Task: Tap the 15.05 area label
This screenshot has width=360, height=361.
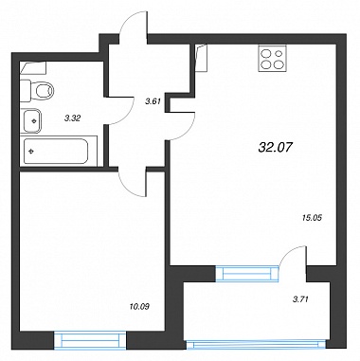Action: (x=312, y=217)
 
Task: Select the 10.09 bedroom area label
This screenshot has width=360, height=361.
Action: (x=139, y=306)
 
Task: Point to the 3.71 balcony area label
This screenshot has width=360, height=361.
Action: (x=300, y=299)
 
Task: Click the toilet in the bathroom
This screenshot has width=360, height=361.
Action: (x=37, y=91)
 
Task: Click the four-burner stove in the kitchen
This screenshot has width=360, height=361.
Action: (x=272, y=59)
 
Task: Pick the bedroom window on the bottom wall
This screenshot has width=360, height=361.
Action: (x=90, y=340)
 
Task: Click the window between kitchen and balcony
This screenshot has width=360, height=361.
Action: (x=247, y=273)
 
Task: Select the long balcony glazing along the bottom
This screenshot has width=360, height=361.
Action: (x=257, y=345)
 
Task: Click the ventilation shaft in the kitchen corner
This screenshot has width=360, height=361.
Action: (x=201, y=58)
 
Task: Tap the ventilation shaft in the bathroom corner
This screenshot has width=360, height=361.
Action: (x=33, y=68)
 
